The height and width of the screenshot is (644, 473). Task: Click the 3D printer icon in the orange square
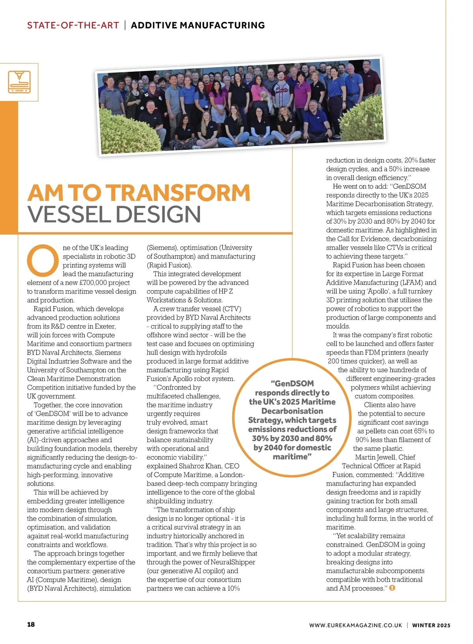point(19,82)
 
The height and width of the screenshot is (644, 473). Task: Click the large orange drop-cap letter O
point(43,261)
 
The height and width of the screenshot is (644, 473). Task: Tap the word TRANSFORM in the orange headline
point(179,193)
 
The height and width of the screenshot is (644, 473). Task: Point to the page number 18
point(31,624)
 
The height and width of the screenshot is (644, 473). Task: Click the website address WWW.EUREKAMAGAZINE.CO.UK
point(356,625)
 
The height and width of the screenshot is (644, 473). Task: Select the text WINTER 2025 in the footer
point(431,625)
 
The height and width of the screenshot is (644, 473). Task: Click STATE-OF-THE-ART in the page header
point(73,26)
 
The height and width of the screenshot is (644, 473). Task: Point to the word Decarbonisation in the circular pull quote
point(292,411)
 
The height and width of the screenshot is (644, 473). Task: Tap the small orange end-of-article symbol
point(392,588)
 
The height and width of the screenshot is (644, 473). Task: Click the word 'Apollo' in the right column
point(377,291)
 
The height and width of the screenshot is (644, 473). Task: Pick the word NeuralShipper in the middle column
point(233,562)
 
